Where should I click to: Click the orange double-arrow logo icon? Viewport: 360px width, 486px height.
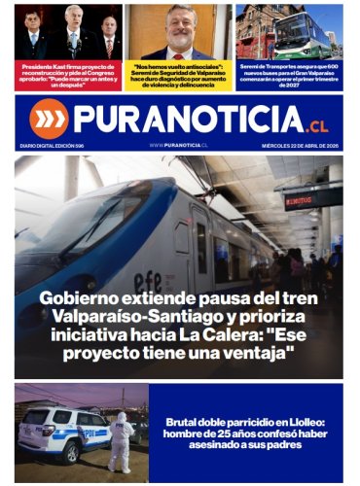pos(48,118)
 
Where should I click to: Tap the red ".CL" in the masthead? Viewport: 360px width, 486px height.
pos(317,123)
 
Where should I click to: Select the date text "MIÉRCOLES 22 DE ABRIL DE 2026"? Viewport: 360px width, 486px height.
pos(298,144)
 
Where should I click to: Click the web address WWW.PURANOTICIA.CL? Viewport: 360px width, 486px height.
pos(179,144)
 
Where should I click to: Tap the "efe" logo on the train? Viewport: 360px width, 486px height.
pos(148,254)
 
